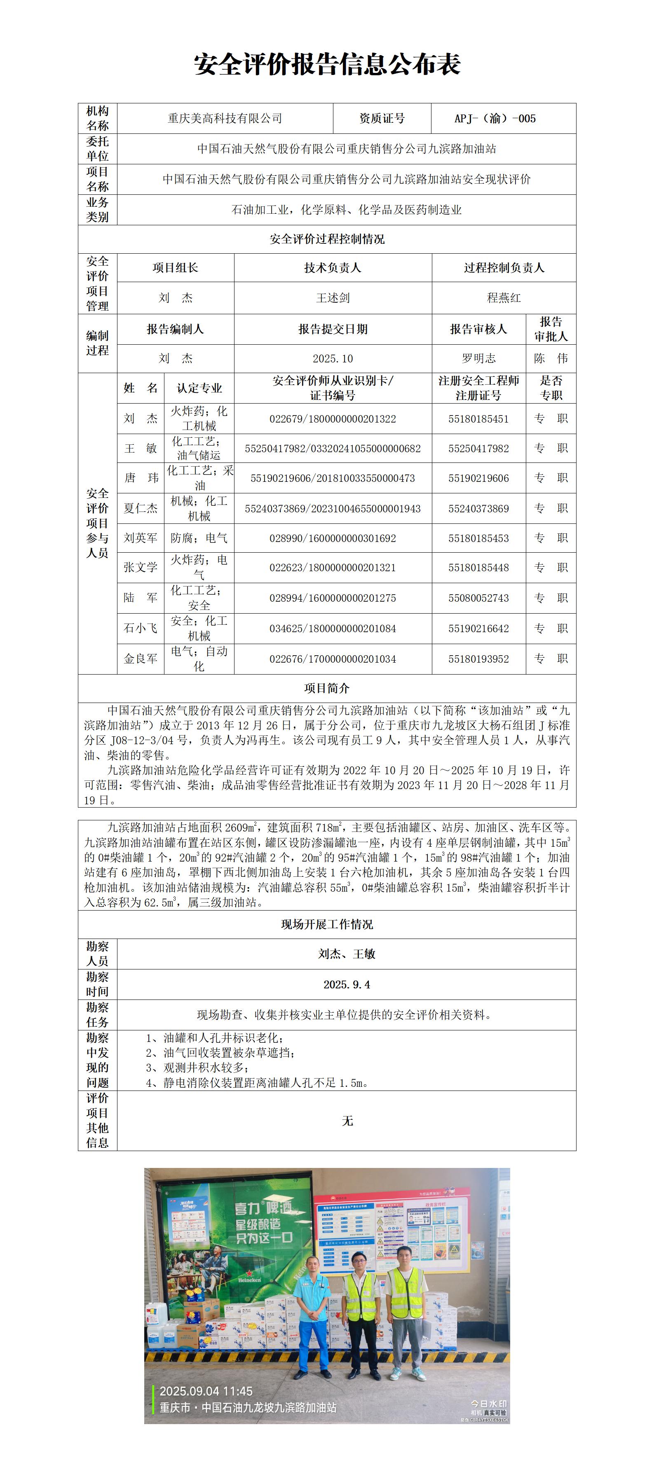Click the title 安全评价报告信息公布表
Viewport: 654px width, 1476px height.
tap(327, 64)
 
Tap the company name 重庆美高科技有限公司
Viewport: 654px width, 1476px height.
tap(225, 119)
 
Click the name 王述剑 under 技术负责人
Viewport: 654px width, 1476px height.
tap(333, 298)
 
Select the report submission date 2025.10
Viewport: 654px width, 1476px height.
tap(333, 359)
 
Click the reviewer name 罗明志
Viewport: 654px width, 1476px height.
tap(478, 359)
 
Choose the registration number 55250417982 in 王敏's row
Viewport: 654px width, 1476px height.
tap(478, 448)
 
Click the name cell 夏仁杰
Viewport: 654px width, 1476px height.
tap(141, 508)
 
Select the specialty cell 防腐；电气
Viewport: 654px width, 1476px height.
tap(199, 538)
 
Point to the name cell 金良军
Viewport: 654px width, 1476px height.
tap(141, 659)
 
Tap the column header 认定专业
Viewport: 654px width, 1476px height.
tap(199, 388)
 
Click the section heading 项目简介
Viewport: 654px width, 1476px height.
tap(327, 688)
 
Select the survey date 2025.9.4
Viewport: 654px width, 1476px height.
tap(346, 984)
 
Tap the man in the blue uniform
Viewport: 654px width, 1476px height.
tap(312, 1317)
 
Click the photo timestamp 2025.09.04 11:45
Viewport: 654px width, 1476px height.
tap(206, 1391)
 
